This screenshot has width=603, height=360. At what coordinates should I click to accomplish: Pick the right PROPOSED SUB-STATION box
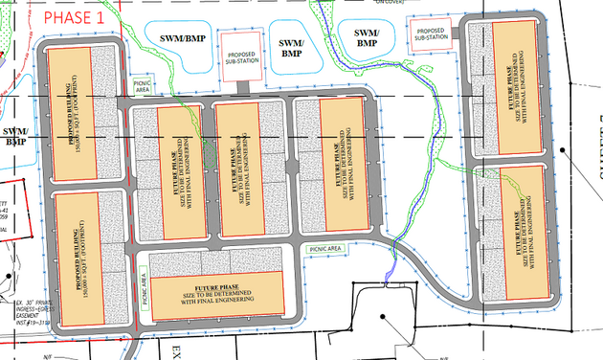coord(427,34)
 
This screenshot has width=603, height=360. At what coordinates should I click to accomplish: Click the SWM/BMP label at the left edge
coord(13,136)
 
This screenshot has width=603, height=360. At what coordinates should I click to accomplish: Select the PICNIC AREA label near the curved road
coord(324,248)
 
